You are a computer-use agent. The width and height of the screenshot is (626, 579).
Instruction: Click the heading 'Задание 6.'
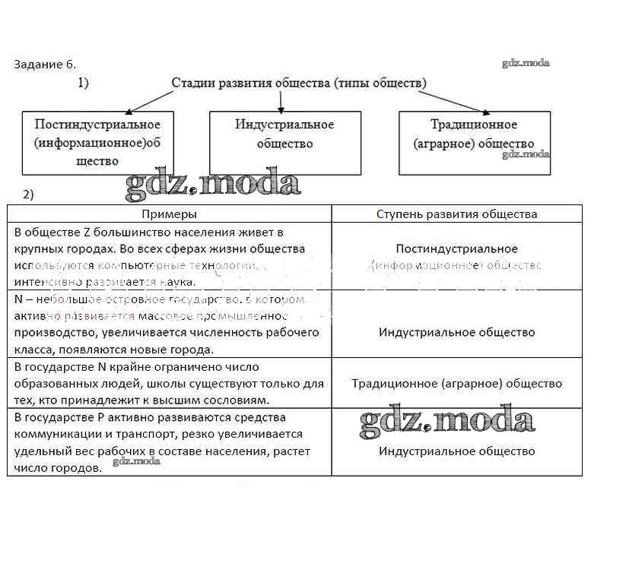45,64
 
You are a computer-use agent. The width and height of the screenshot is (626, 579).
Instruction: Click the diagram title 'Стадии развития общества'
299,82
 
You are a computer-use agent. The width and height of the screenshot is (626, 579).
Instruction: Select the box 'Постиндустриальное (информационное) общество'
97,143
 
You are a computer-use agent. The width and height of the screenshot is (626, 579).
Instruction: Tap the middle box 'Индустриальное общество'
285,143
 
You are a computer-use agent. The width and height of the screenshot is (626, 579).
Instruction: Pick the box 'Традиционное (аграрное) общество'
474,143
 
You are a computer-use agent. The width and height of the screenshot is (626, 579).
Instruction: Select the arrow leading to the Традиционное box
457,100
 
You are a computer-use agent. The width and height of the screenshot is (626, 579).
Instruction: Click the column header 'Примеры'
169,214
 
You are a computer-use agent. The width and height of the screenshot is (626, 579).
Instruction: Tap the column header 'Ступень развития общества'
456,214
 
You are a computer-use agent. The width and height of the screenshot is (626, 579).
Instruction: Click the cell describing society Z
169,256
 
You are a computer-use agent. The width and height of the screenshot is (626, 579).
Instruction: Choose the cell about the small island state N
169,324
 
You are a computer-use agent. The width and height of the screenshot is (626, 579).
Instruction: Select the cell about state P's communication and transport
169,442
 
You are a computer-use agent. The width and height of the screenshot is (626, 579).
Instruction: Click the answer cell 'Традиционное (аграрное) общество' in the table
456,384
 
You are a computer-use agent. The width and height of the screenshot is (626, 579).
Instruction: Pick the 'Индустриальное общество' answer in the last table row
456,451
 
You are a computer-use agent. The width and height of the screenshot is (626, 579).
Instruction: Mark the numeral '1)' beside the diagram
83,83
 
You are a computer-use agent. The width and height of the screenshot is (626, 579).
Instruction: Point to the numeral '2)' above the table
29,195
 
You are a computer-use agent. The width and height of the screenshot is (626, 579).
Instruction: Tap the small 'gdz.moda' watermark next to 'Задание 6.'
526,63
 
